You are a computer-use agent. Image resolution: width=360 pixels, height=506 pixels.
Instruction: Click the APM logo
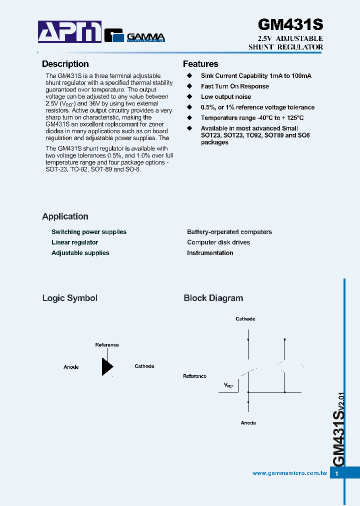[x=70, y=32]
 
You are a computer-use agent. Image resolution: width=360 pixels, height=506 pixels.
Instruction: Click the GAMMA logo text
[x=145, y=36]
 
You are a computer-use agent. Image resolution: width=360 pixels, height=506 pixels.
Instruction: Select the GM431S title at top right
[x=290, y=25]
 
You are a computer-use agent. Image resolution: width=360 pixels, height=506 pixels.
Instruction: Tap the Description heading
[x=65, y=64]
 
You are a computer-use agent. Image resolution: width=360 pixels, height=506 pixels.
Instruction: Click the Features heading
[x=200, y=64]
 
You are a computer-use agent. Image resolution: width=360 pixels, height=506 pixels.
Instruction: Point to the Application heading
[x=65, y=216]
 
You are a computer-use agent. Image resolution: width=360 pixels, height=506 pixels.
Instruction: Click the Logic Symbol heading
[x=69, y=298]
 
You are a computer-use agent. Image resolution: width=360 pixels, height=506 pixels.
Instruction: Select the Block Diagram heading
[x=213, y=298]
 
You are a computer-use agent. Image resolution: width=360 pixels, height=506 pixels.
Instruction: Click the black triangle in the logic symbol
[x=106, y=366]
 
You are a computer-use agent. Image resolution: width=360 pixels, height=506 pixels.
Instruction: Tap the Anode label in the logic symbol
[x=71, y=367]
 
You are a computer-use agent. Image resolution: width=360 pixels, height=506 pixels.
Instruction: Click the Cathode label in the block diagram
[x=245, y=319]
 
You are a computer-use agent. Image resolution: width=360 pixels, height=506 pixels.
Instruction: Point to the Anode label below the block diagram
[x=248, y=423]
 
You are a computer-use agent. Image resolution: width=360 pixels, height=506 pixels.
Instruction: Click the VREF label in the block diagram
[x=228, y=385]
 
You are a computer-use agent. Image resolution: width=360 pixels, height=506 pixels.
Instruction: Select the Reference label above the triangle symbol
[x=107, y=345]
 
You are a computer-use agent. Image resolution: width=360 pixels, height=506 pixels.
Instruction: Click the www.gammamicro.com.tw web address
[x=289, y=473]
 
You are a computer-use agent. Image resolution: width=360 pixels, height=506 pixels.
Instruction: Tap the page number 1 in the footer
[x=337, y=473]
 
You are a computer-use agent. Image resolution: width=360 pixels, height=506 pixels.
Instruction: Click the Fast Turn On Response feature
[x=235, y=86]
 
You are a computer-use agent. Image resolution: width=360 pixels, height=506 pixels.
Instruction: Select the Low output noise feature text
[x=226, y=97]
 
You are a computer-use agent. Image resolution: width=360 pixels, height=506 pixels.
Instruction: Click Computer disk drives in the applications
[x=218, y=242]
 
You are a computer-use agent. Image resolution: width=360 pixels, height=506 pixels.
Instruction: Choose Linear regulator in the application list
[x=74, y=242]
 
